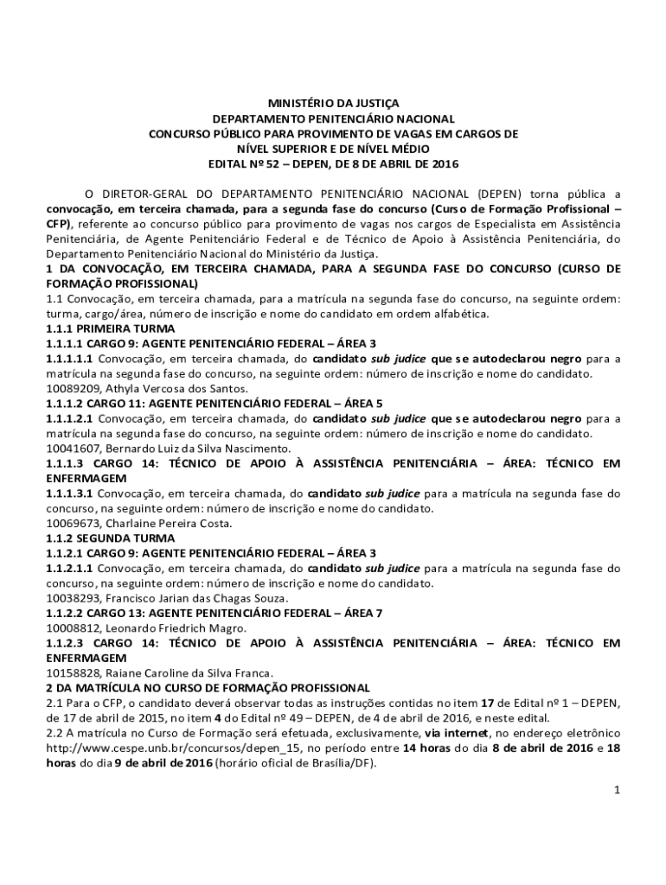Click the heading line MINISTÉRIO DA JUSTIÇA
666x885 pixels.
point(333,103)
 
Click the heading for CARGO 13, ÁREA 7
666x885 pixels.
point(213,614)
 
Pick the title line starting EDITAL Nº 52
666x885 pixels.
point(333,163)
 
